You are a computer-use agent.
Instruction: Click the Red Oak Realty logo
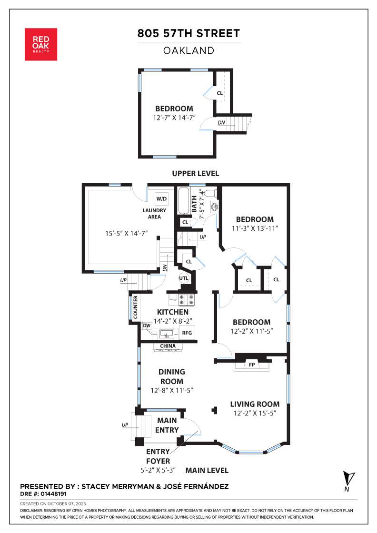coord(41,45)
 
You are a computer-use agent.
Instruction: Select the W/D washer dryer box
coord(161,198)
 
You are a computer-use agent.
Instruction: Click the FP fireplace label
coord(252,365)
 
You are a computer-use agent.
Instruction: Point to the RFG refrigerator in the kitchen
coord(187,333)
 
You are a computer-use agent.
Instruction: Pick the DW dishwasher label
coord(147,326)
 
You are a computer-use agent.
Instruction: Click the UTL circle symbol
coord(184,278)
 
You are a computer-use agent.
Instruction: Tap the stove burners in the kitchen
coord(186,299)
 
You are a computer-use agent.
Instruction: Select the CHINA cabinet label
coord(168,346)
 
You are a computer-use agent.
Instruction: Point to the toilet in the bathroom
coord(211,193)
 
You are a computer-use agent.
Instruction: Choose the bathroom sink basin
coord(215,206)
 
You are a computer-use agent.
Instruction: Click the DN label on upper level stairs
coord(221,123)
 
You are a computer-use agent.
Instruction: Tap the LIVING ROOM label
coord(255,404)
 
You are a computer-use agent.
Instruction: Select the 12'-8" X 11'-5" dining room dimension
coord(172,391)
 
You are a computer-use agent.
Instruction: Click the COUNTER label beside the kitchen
coord(135,307)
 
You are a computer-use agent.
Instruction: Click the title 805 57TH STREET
coord(188,33)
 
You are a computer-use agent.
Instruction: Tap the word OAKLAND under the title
coord(188,50)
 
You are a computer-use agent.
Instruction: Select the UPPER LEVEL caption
coord(196,173)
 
